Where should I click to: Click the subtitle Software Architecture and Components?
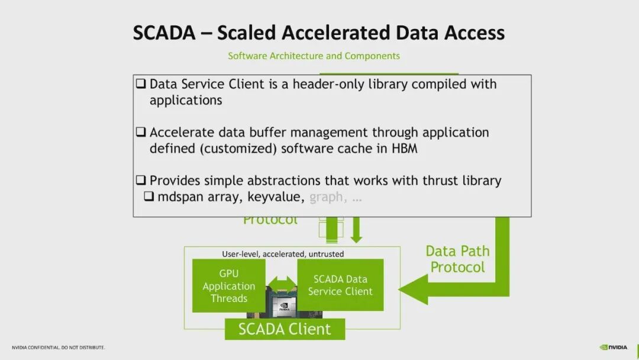click(x=314, y=56)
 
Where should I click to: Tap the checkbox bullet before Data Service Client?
click(x=141, y=84)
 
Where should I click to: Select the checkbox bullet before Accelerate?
click(x=141, y=132)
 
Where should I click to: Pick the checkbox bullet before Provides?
click(x=141, y=181)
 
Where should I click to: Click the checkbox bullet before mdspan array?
click(x=150, y=197)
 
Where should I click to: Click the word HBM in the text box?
click(x=405, y=148)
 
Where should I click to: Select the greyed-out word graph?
click(x=326, y=197)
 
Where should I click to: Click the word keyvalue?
click(x=274, y=197)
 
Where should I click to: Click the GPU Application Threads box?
click(x=229, y=286)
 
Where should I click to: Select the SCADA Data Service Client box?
click(x=340, y=285)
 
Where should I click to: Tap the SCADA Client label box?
click(x=285, y=329)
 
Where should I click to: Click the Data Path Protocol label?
click(x=457, y=259)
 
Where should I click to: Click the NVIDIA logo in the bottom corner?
click(x=613, y=347)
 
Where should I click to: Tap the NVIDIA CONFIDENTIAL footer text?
click(x=58, y=347)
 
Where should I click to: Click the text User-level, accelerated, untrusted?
click(x=283, y=254)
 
